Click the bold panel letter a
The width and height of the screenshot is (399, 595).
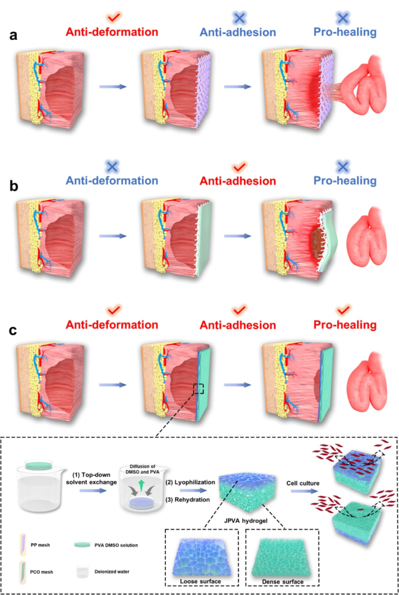click(13, 36)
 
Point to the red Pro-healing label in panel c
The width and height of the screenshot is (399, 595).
click(347, 325)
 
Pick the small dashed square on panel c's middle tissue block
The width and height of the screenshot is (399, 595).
click(199, 389)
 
